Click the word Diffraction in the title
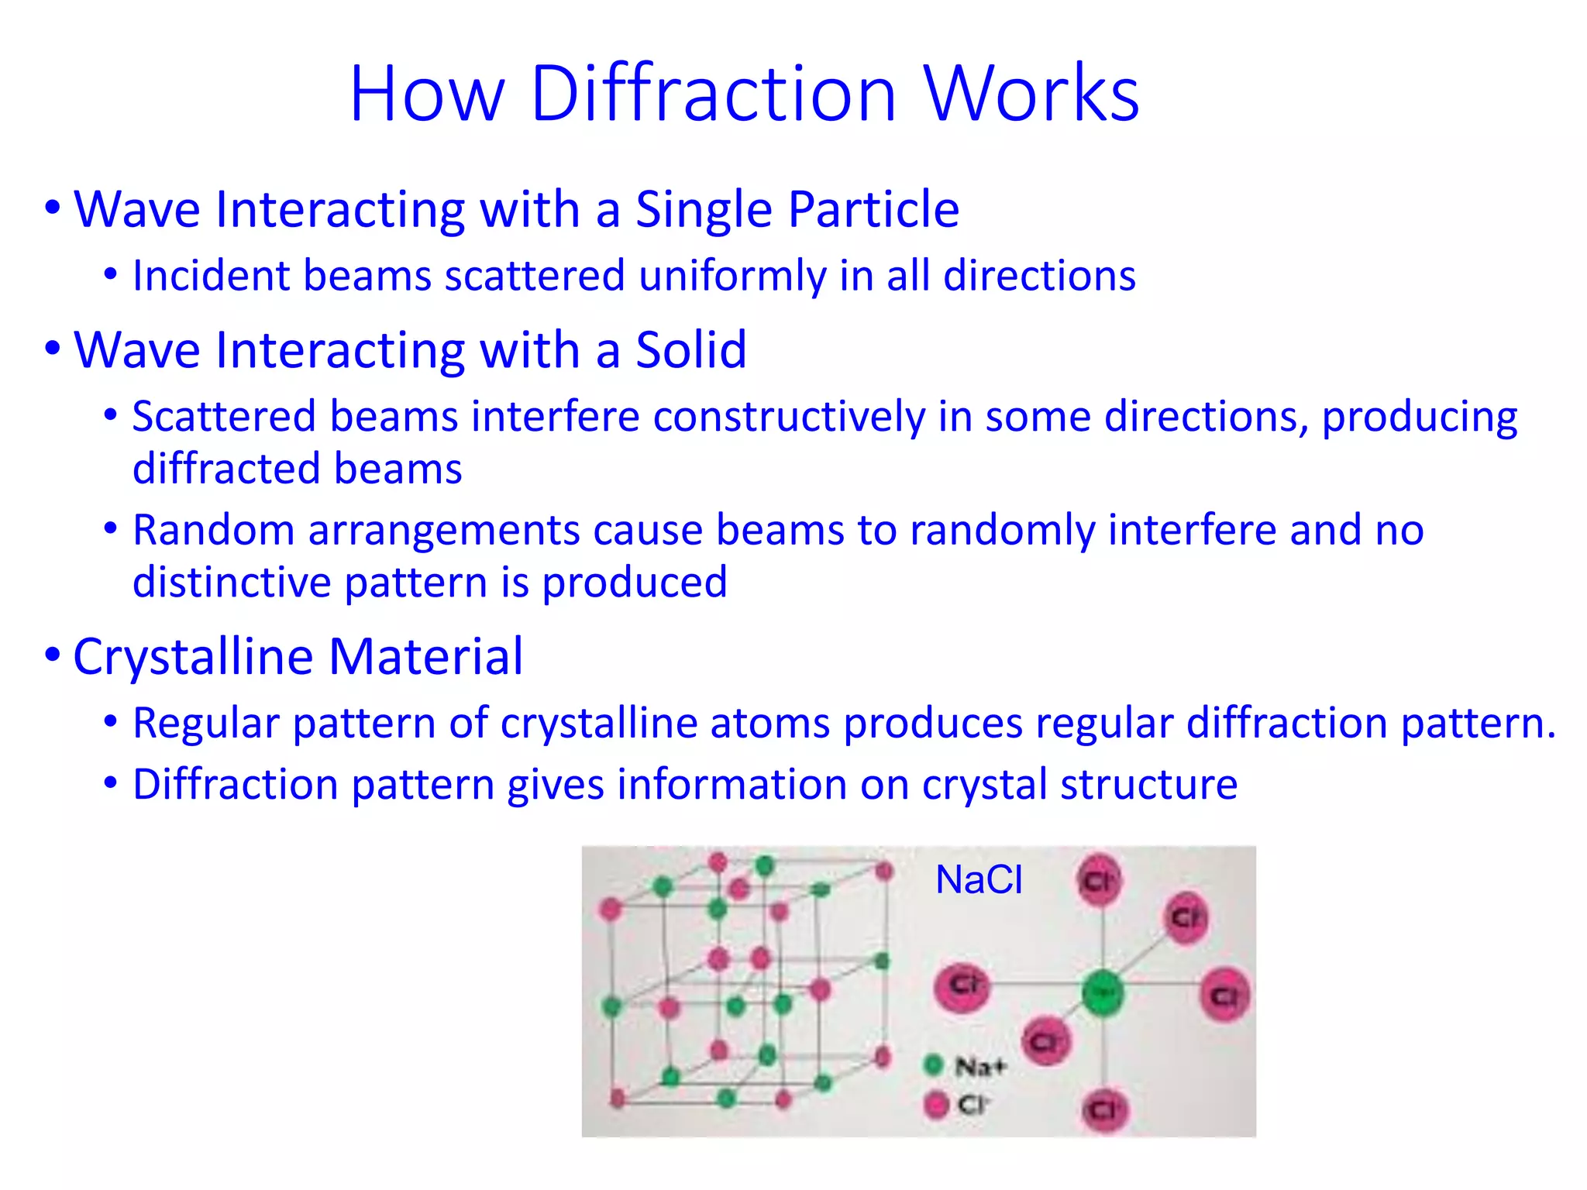[713, 95]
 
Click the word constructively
[789, 418]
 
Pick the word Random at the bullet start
[213, 531]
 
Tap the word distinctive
[232, 583]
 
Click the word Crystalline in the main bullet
[193, 657]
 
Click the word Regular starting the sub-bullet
[205, 724]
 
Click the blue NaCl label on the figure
[979, 880]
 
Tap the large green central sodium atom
[1102, 992]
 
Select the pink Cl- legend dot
[936, 1104]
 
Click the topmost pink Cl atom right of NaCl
[1099, 879]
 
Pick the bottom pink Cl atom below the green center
[1104, 1109]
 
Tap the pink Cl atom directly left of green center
[962, 986]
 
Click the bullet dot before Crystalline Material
[52, 655]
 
